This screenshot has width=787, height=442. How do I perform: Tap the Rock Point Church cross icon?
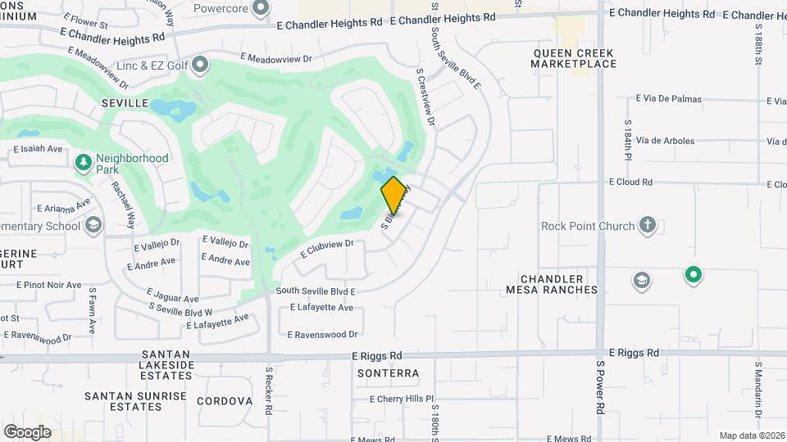648,226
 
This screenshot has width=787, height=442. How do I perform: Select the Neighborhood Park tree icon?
83,163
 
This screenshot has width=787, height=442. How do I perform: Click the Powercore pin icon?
261,9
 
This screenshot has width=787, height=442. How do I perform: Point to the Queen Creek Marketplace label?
573,58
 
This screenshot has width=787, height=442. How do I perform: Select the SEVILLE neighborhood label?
125,103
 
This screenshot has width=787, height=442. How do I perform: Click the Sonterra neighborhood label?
389,373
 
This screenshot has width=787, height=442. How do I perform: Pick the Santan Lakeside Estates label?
167,364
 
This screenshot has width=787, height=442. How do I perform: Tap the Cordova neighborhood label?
224,401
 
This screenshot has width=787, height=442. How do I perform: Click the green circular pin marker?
694,275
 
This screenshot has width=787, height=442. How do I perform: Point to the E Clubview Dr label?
326,248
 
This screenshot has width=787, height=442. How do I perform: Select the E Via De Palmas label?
669,99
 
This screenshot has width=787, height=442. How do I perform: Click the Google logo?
27,431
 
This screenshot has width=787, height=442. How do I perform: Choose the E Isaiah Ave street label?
39,149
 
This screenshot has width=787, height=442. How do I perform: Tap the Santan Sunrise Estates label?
136,401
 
